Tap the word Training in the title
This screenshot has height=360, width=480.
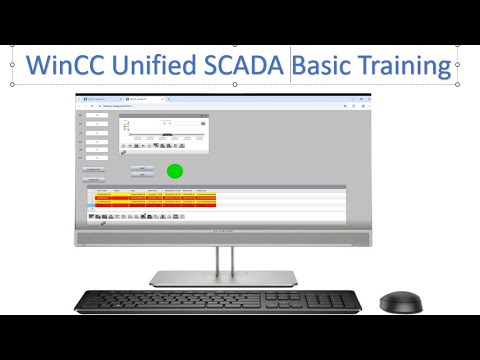[410, 66]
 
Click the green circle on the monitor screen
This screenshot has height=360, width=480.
[175, 171]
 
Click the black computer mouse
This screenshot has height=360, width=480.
[398, 300]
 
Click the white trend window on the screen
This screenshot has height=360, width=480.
[164, 132]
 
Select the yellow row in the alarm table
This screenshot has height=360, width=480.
[150, 197]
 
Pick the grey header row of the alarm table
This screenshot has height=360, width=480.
[150, 188]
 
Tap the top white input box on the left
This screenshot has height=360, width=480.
[97, 117]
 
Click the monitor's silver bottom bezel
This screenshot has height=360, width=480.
[222, 237]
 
